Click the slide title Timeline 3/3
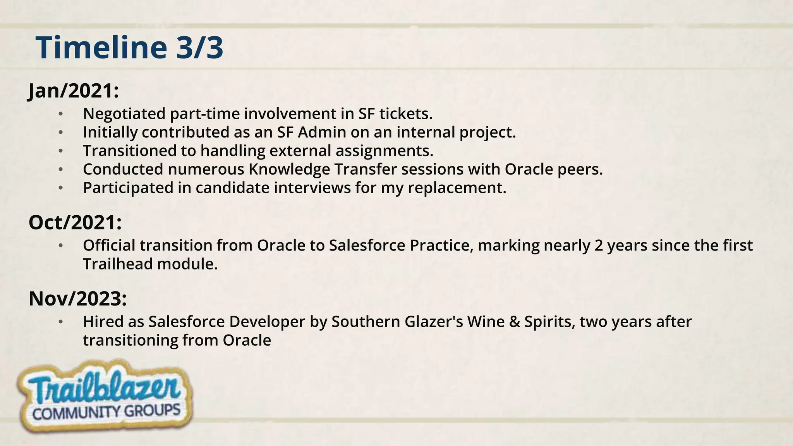[x=129, y=47]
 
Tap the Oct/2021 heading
[x=75, y=223]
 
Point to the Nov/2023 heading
[x=78, y=299]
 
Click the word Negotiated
[x=124, y=114]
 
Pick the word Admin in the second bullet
[x=322, y=132]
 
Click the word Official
[x=109, y=245]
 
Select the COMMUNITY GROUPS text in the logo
[x=106, y=412]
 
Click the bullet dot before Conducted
[x=60, y=170]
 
